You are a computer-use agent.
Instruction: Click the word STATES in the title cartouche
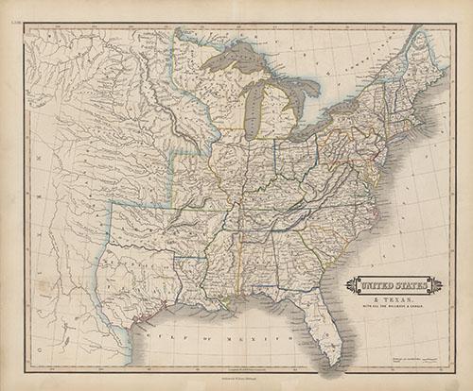tap(406, 281)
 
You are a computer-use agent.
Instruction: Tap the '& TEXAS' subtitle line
tap(389, 294)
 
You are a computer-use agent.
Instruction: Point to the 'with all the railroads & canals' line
tap(389, 302)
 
